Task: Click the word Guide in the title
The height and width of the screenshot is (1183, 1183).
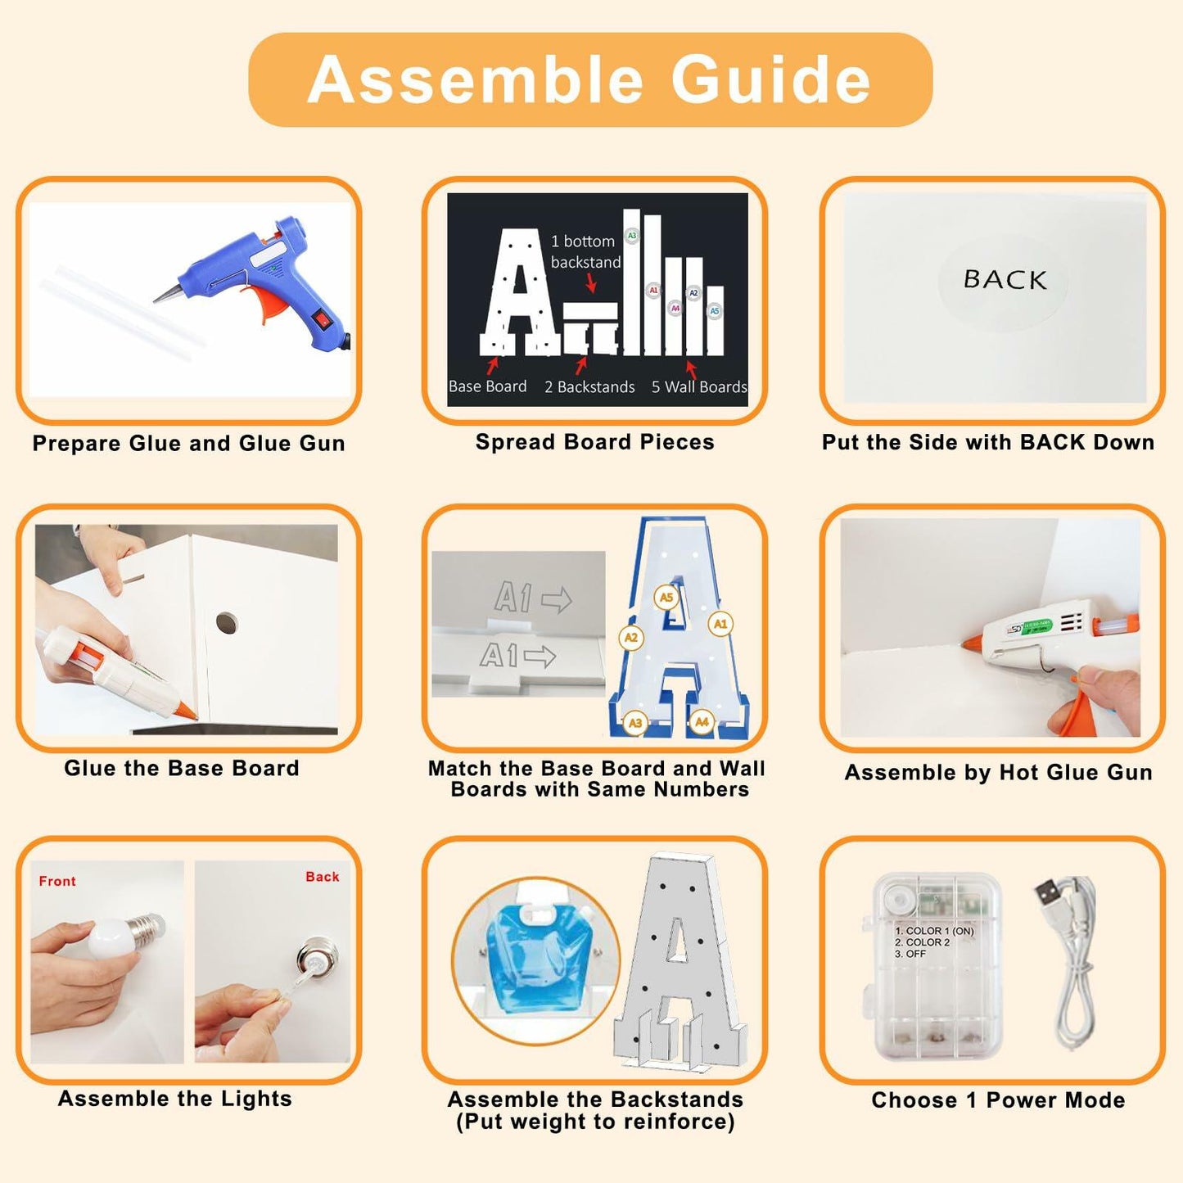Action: point(771,79)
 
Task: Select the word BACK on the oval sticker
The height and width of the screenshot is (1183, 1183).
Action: point(1005,279)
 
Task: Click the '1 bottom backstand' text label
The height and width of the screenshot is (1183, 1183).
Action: point(585,251)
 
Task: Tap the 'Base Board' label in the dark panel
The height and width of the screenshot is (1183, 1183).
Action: point(487,386)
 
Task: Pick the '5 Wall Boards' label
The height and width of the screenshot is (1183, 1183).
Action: point(699,386)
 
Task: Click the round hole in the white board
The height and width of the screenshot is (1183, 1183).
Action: point(227,622)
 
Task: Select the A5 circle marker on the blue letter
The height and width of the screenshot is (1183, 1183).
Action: point(666,598)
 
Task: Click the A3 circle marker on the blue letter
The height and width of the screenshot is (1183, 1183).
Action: point(634,723)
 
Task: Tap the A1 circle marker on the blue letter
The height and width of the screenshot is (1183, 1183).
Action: point(720,624)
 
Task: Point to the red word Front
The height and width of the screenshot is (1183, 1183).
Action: point(57,882)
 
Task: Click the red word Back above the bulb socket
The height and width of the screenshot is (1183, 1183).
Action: point(323,877)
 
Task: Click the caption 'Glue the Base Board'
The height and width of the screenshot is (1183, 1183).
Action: point(182,768)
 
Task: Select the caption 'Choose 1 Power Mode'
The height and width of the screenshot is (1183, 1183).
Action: point(998,1100)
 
